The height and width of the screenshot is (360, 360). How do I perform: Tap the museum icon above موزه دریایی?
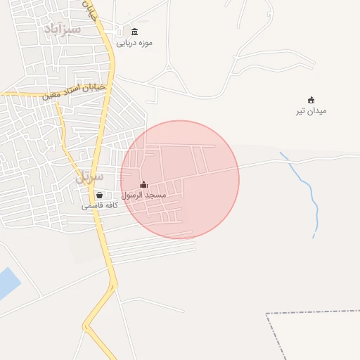click(x=134, y=32)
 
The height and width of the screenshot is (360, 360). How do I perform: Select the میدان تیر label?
click(x=311, y=111)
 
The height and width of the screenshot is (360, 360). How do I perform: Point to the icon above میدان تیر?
click(x=311, y=100)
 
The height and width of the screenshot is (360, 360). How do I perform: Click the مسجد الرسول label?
click(x=143, y=195)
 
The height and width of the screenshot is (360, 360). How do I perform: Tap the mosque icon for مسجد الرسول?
click(x=144, y=184)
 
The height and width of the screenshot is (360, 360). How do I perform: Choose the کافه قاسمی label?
click(x=99, y=206)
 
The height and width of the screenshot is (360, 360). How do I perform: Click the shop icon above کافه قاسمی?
click(x=99, y=195)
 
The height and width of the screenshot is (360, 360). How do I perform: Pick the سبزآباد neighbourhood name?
click(x=63, y=29)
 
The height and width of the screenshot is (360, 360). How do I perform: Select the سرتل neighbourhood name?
click(x=89, y=177)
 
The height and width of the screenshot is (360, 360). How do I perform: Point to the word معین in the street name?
click(x=51, y=94)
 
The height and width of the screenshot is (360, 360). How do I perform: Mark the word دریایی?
click(x=125, y=43)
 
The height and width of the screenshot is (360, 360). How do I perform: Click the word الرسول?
click(x=133, y=195)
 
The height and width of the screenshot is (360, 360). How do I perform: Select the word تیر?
click(x=302, y=111)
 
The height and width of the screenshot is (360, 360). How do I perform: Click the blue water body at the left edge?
click(x=7, y=283)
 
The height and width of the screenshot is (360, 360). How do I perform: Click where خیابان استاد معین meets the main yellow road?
click(x=110, y=85)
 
